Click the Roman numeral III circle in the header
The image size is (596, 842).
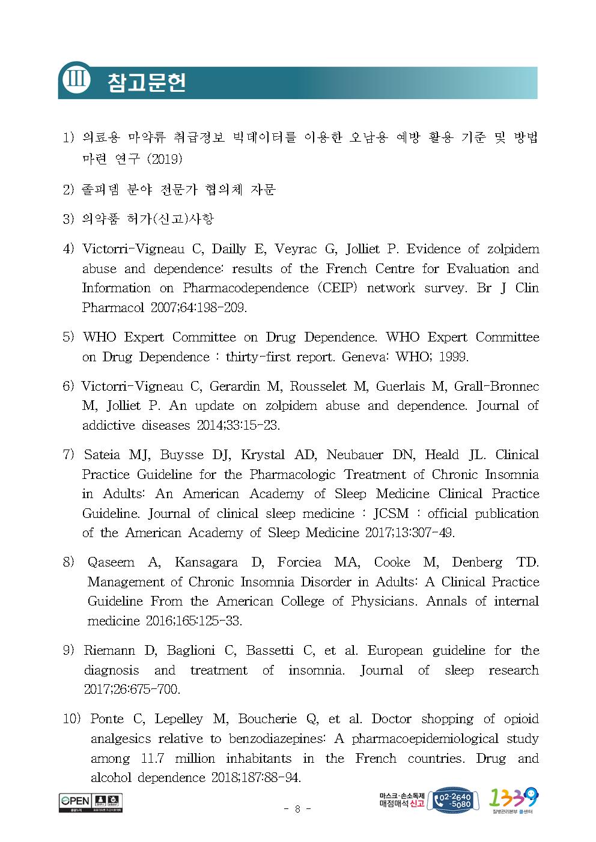click(76, 80)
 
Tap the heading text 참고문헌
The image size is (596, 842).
click(146, 82)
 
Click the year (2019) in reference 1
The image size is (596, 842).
click(165, 159)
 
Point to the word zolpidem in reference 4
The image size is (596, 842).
click(512, 249)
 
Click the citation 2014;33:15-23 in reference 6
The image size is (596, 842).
click(238, 426)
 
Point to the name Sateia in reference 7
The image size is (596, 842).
click(103, 455)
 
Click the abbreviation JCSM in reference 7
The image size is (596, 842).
click(391, 514)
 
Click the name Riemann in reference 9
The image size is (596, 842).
click(106, 651)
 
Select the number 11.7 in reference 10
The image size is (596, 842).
click(153, 759)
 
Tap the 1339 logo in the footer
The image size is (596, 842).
click(514, 799)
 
